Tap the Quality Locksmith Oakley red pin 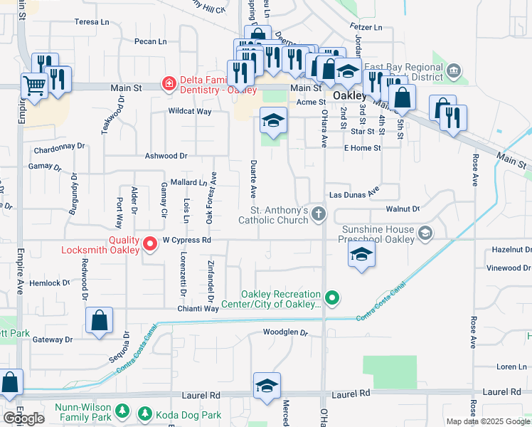[150, 244]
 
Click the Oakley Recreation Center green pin [331, 297]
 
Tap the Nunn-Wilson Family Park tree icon [122, 411]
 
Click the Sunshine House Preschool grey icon [425, 233]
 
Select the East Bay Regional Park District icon [453, 71]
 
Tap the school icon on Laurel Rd [267, 386]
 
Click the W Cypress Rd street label [187, 241]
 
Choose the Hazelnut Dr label [511, 250]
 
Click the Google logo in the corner [23, 418]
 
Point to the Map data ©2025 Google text [488, 421]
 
